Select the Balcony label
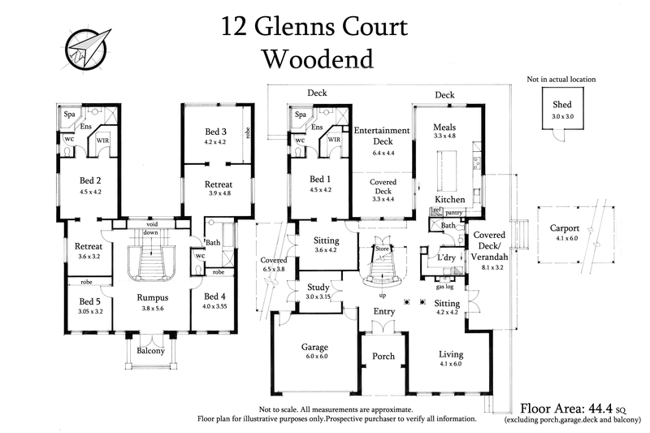[151, 351]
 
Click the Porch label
[383, 356]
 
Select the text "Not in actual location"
[561, 80]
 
